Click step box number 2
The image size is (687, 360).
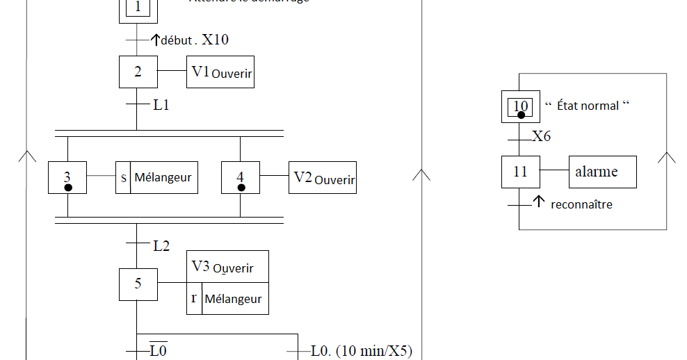tap(137, 72)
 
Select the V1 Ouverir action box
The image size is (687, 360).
tap(220, 72)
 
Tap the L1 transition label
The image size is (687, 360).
tap(161, 106)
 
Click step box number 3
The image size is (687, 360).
tap(67, 178)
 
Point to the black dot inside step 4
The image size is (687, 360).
tap(241, 188)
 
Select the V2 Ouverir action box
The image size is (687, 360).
tap(323, 178)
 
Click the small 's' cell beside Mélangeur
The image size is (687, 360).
tap(123, 178)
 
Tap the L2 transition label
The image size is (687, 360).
tap(161, 245)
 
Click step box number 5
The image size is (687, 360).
tap(138, 284)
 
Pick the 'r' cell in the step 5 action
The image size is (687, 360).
tap(194, 298)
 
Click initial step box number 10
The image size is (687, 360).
tap(521, 106)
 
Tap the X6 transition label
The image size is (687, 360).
tap(542, 137)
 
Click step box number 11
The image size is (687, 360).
tap(521, 172)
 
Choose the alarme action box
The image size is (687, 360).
tap(602, 172)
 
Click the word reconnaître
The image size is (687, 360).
tap(581, 205)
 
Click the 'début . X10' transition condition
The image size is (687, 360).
tap(194, 40)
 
